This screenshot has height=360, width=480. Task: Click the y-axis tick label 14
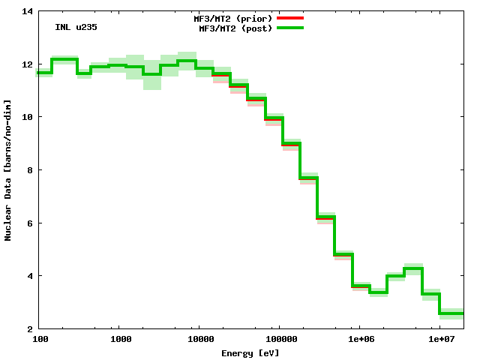tap(27, 11)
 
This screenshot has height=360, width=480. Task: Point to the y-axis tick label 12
tap(27, 64)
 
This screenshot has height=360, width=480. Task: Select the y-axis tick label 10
tap(27, 117)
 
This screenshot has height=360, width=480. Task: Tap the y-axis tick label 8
tap(29, 170)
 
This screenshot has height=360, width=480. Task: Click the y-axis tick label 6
tap(29, 223)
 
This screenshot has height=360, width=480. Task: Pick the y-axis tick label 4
tap(29, 276)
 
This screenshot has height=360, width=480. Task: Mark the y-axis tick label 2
tap(29, 328)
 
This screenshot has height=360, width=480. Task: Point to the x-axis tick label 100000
tap(280, 340)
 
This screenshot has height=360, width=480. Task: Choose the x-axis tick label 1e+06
tap(361, 340)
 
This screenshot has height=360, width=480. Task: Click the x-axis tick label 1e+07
tap(441, 340)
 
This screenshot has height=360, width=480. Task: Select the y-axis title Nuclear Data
tap(8, 170)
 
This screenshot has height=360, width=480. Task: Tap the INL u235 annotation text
tap(76, 27)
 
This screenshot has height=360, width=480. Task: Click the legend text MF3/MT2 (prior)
tap(233, 17)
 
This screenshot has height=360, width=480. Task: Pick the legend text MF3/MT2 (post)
tap(235, 28)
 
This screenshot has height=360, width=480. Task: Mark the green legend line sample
tap(290, 28)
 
